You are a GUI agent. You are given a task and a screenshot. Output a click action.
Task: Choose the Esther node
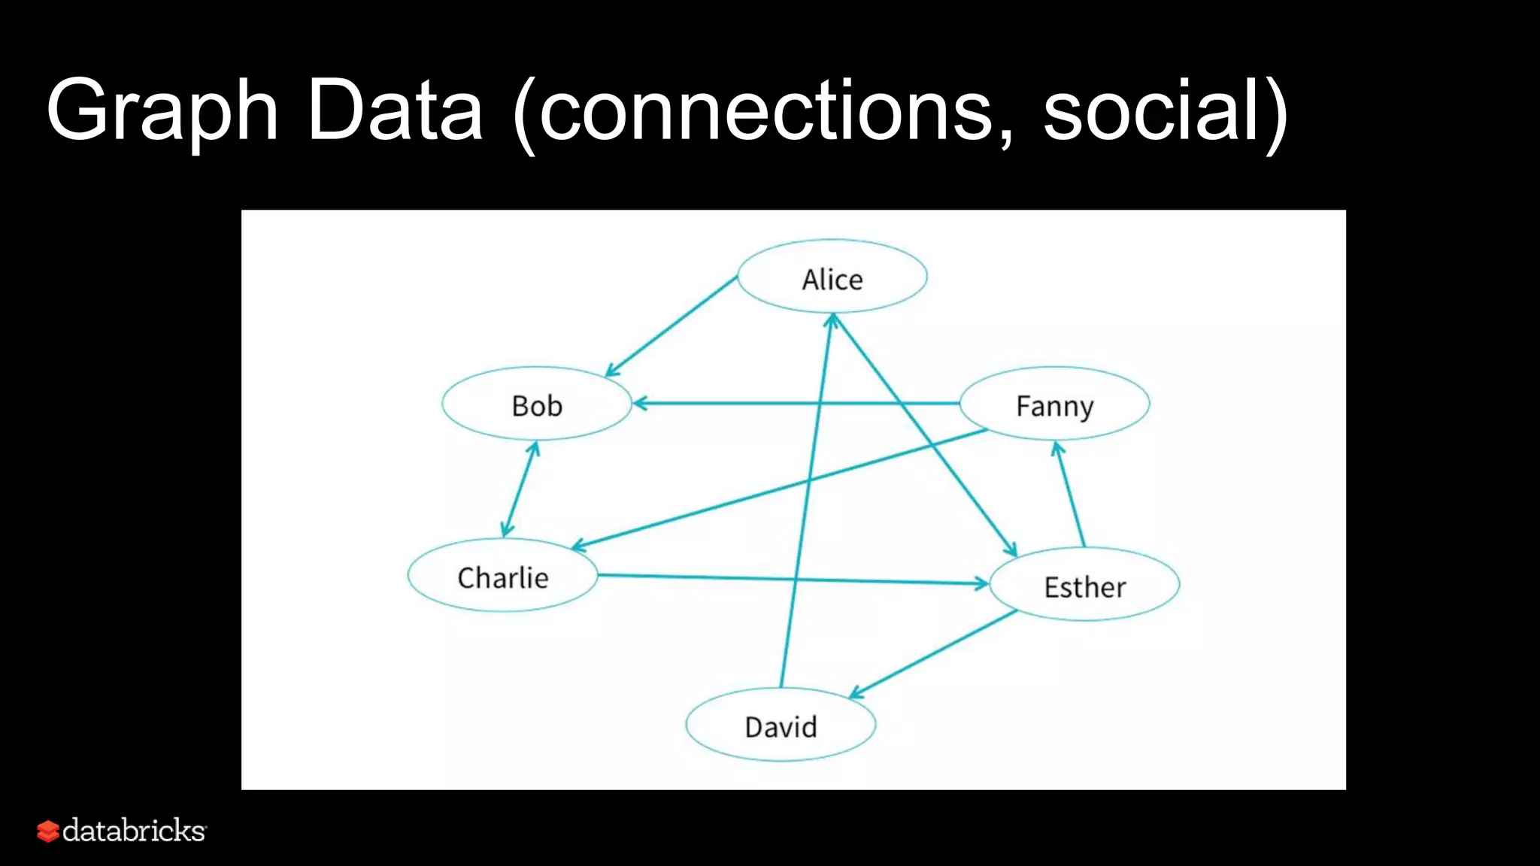point(1084,585)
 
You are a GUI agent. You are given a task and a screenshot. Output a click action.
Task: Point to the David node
point(781,725)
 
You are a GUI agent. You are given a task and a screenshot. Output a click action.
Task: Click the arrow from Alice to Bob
point(671,326)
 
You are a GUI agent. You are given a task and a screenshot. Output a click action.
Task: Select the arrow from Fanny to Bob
point(752,404)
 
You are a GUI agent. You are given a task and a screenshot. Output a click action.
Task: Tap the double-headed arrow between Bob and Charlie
point(520,489)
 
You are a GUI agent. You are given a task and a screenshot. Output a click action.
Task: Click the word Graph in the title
point(162,111)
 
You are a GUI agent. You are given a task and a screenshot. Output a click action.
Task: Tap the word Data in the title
point(396,111)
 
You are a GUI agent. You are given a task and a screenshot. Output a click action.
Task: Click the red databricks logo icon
point(47,831)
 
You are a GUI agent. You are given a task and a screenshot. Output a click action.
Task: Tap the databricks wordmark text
point(134,831)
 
